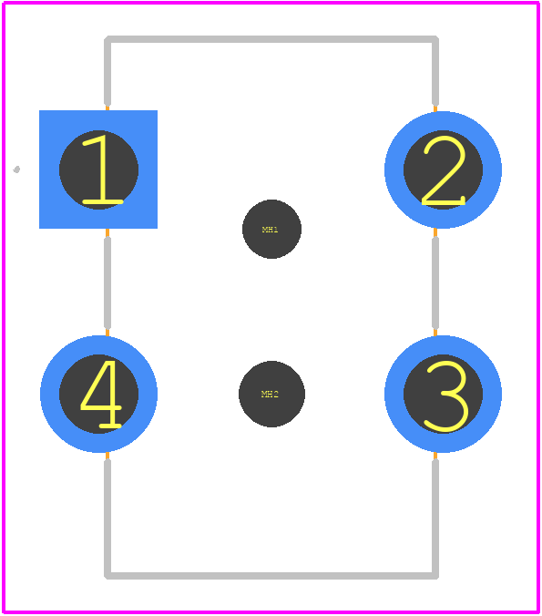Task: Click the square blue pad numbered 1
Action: pyautogui.click(x=98, y=169)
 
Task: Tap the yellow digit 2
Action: pyautogui.click(x=444, y=170)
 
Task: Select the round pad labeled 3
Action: pyautogui.click(x=443, y=394)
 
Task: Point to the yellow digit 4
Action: pyautogui.click(x=101, y=394)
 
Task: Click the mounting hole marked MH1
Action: pyautogui.click(x=271, y=229)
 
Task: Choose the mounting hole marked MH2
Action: pyautogui.click(x=271, y=394)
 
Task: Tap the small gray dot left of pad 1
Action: pyautogui.click(x=16, y=169)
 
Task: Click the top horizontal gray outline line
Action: pyautogui.click(x=271, y=39)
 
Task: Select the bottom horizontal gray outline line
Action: pyautogui.click(x=271, y=576)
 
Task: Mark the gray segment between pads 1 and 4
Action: pyautogui.click(x=107, y=282)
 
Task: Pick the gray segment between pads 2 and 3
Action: pyautogui.click(x=435, y=282)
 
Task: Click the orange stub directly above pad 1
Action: pyautogui.click(x=107, y=108)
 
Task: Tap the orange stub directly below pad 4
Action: pyautogui.click(x=107, y=456)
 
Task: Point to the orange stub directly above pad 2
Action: pyautogui.click(x=435, y=108)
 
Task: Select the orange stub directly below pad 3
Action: pyautogui.click(x=435, y=456)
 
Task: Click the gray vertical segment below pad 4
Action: pyautogui.click(x=107, y=518)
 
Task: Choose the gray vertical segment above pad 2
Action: pyautogui.click(x=435, y=71)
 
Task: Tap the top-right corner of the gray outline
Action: pyautogui.click(x=435, y=38)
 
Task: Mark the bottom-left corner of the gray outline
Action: pyautogui.click(x=107, y=576)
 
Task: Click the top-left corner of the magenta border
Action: pyautogui.click(x=3, y=3)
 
